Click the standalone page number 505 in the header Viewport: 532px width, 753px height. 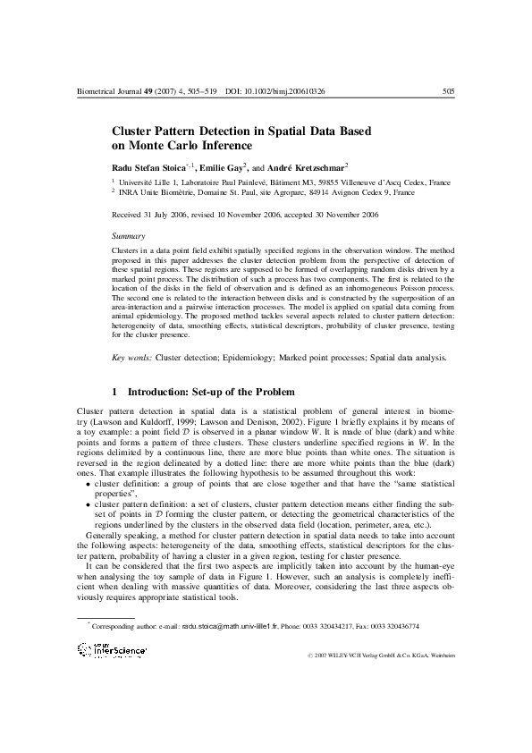tap(449, 91)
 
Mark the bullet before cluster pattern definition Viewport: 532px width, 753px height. tap(87, 504)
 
